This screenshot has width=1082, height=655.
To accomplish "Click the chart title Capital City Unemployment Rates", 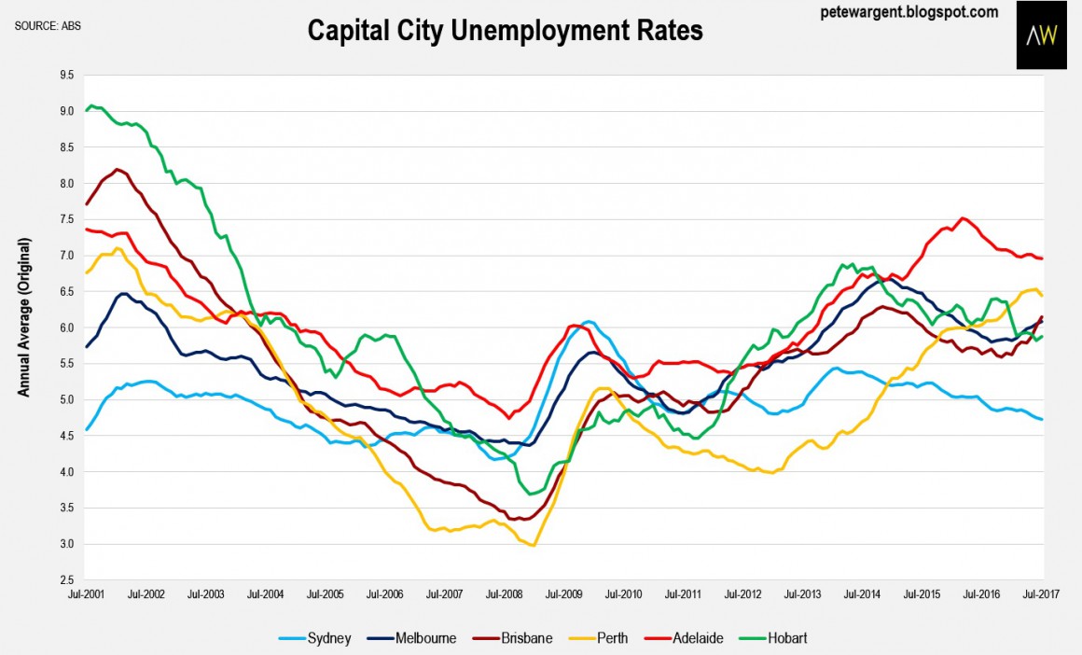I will click(505, 30).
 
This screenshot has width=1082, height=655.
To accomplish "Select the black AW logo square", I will click(1041, 35).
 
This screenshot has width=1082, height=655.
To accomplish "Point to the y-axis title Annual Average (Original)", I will click(25, 317).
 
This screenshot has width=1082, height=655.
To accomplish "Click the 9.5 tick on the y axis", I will click(65, 76).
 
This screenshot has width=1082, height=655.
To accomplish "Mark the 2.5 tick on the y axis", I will click(65, 580).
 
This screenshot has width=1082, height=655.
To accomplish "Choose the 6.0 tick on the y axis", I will click(65, 328).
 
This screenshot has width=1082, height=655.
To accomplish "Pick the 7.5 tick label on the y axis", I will click(65, 220).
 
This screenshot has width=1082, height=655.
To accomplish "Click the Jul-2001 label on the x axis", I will click(87, 593).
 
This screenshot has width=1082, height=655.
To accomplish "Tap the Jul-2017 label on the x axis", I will click(1041, 593).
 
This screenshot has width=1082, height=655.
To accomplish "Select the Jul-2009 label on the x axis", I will click(563, 593).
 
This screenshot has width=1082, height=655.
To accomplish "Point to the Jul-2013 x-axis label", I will click(802, 593).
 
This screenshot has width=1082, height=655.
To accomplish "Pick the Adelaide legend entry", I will click(690, 638).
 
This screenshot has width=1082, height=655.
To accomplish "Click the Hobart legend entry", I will click(780, 638).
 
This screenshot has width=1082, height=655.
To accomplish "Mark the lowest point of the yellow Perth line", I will click(533, 545).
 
